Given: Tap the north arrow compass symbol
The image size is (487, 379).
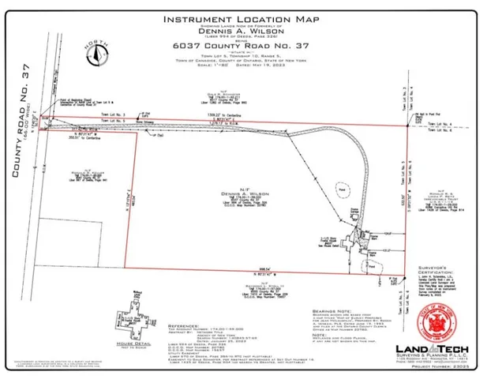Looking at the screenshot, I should [98, 54].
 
